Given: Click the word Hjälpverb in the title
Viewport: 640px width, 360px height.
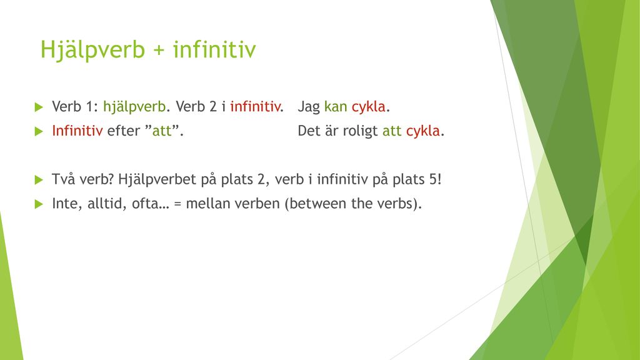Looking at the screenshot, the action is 92,49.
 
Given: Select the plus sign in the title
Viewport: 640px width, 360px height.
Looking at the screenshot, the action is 159,50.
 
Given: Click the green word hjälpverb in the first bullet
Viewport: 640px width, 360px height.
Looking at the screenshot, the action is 134,107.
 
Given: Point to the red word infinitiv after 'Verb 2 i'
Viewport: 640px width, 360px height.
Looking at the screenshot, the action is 255,106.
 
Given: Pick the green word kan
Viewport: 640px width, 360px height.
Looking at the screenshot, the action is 336,106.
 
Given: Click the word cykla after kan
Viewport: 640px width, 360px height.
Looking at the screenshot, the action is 369,107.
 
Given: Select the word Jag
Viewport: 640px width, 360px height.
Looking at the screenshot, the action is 309,107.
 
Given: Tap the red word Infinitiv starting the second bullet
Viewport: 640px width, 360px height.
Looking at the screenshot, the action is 77,131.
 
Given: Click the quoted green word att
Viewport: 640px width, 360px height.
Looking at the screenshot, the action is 162,131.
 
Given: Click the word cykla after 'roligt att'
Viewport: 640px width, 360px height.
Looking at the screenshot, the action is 423,131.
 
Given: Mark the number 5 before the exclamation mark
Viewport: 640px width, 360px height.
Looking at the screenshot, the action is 434,179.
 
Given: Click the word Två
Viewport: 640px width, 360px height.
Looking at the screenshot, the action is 64,179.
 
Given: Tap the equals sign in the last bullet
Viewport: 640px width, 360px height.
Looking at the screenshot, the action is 177,204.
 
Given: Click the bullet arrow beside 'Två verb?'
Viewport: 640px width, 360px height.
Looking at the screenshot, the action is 39,180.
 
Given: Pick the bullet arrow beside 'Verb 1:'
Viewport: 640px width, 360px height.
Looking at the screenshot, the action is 39,107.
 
